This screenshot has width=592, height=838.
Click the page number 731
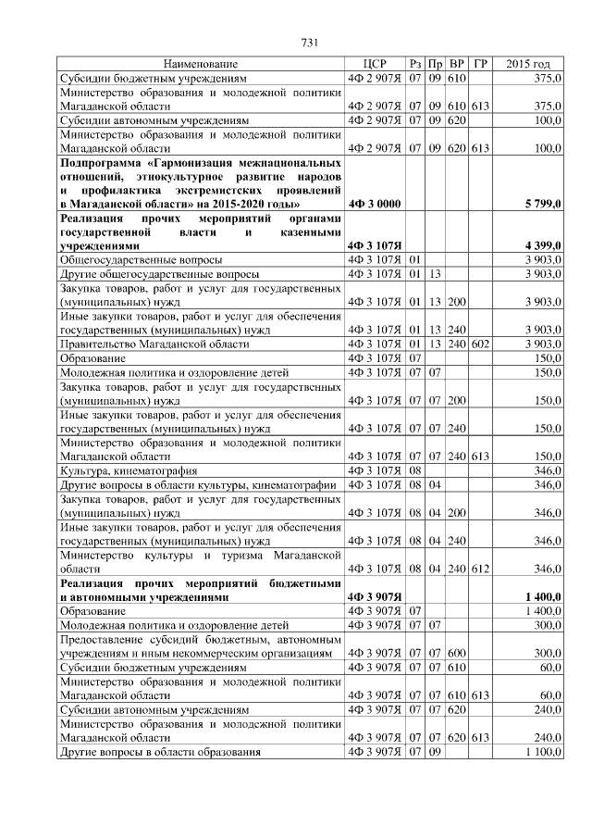(x=310, y=43)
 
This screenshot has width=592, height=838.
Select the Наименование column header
(x=200, y=64)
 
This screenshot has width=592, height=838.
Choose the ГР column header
(x=479, y=64)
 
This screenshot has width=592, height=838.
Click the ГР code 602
(x=479, y=344)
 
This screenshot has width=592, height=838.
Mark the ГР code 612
(x=479, y=568)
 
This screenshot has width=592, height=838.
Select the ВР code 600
(x=457, y=653)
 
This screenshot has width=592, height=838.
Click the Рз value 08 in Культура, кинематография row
(x=415, y=470)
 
